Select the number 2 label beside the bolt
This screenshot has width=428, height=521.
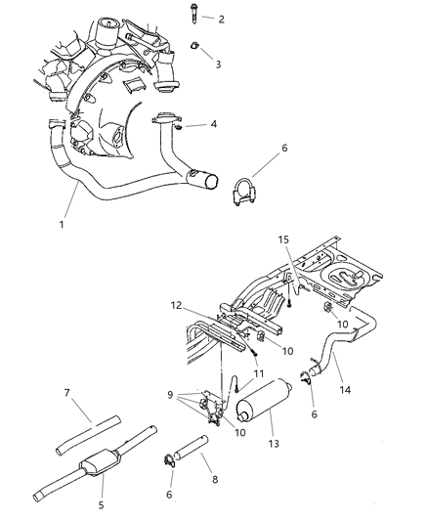221,19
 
